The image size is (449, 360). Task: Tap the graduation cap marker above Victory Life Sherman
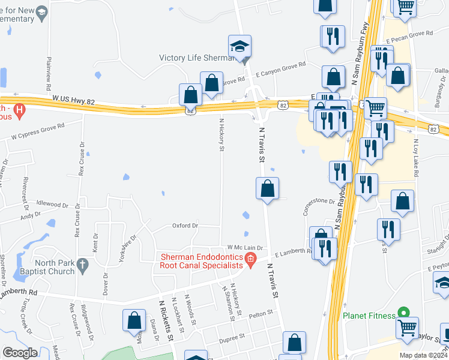tap(240, 46)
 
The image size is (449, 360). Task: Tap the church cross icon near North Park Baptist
tap(83, 264)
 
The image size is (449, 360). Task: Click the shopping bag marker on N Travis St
tap(268, 188)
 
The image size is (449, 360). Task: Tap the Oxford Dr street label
tap(185, 226)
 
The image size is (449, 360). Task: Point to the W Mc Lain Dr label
tap(245, 247)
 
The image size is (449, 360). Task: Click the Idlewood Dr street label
tap(53, 205)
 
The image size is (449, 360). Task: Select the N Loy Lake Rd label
tap(415, 157)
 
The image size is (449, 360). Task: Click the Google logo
tap(20, 352)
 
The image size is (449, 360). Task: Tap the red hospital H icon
tap(19, 110)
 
